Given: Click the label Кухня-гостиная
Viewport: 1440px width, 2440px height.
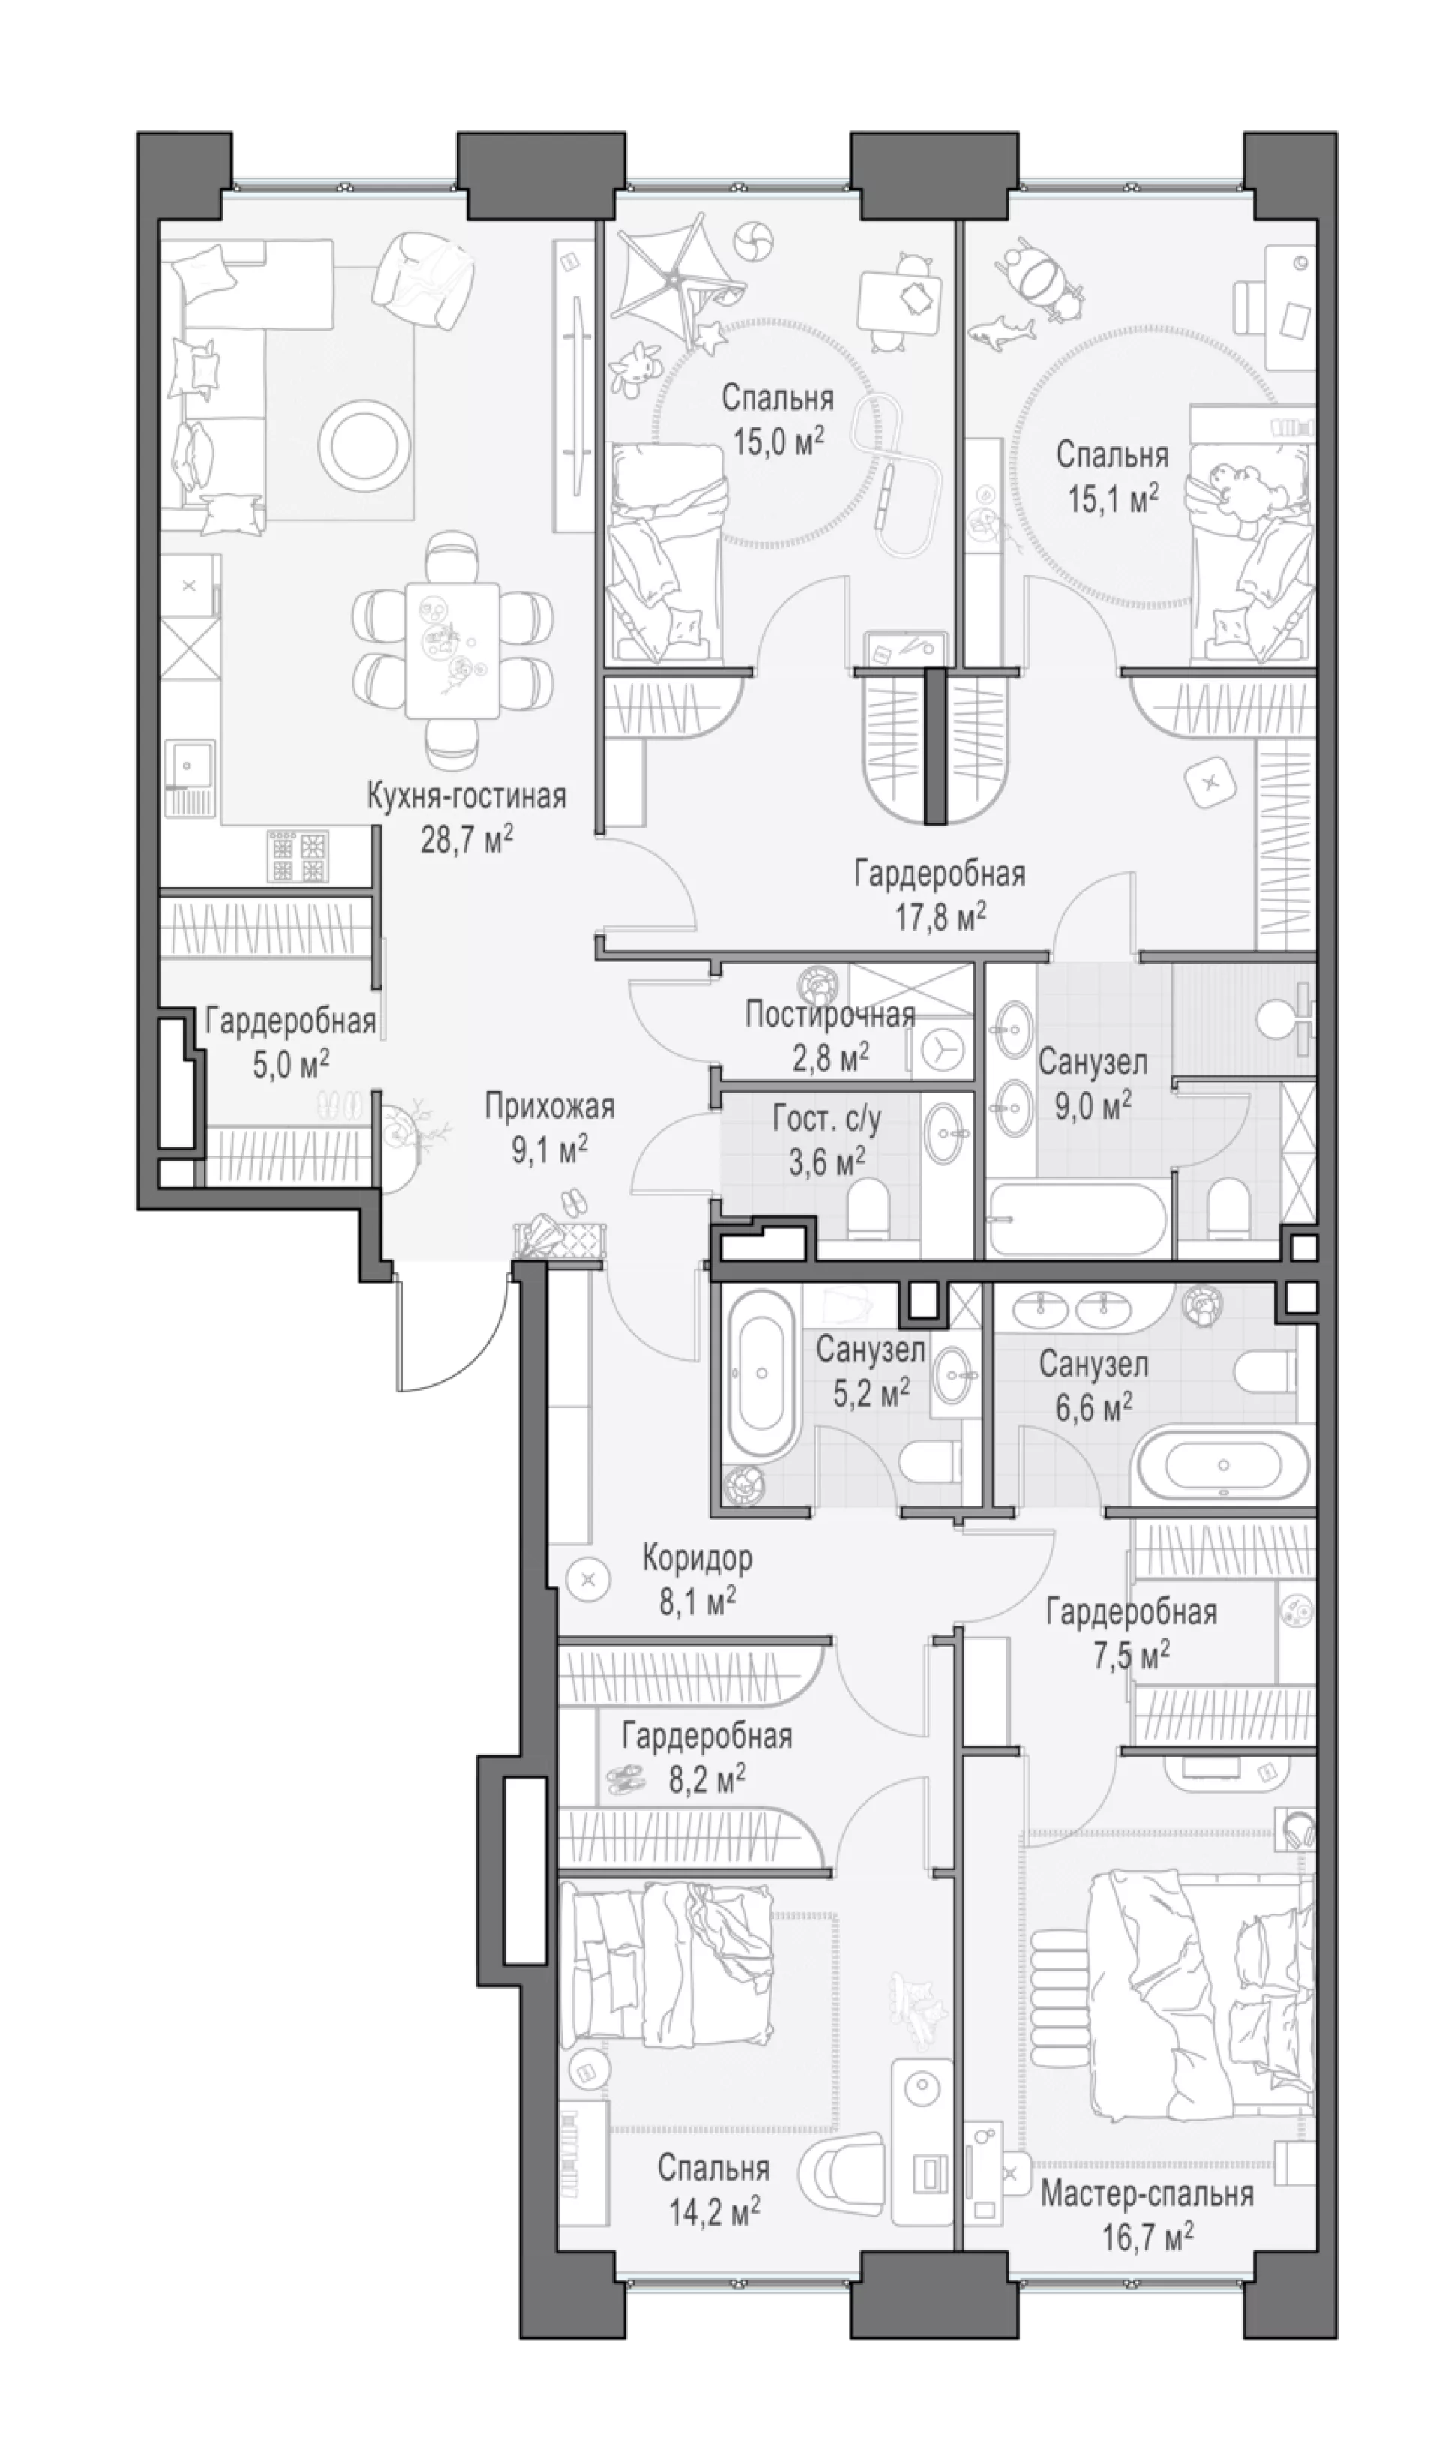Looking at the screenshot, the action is (x=466, y=798).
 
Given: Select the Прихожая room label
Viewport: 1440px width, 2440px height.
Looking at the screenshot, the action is (x=549, y=1106).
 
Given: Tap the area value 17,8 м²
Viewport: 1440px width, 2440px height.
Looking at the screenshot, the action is (x=940, y=916).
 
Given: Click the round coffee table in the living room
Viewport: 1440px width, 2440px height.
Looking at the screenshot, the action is (x=364, y=443).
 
